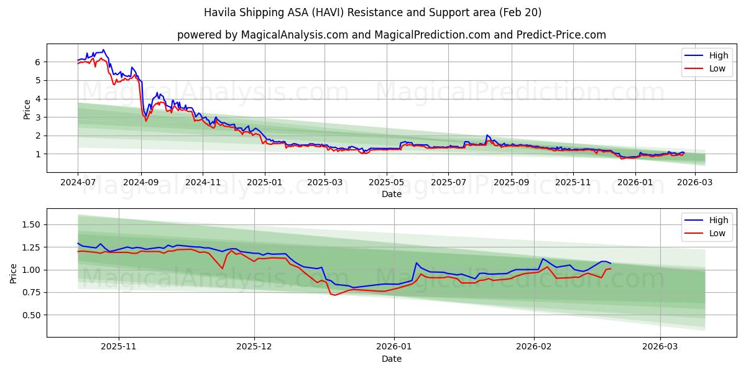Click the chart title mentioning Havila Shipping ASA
tap(372, 12)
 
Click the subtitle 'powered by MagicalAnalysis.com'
tap(391, 35)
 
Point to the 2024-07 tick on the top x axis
tap(78, 182)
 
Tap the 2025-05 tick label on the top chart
tap(387, 182)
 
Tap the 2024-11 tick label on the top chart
tap(203, 182)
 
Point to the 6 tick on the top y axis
tap(38, 62)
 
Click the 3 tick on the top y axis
tap(38, 117)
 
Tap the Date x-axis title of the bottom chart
tap(391, 359)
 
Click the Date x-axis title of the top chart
tap(391, 194)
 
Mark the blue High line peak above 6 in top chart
tap(103, 50)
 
